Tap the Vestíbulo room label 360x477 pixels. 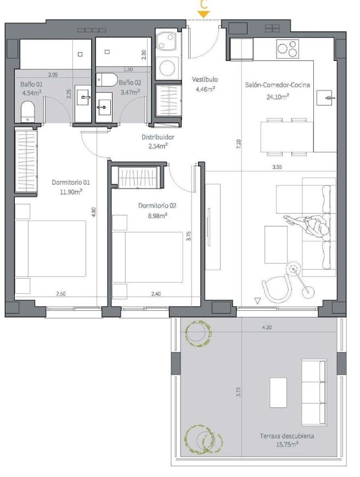tap(205, 79)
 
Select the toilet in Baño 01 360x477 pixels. tap(27, 112)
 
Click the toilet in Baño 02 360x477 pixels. tap(106, 79)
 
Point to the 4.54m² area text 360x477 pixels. tap(31, 93)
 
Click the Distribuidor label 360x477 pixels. tap(157, 137)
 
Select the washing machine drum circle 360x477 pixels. tap(167, 67)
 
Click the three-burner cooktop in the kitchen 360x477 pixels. tap(288, 49)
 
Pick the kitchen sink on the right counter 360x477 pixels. tap(324, 98)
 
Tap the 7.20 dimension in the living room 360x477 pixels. tap(239, 144)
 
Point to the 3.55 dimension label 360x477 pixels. tap(277, 167)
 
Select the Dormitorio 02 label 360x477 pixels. tap(157, 206)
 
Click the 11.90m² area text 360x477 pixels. tap(71, 192)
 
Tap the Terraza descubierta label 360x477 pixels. tap(287, 436)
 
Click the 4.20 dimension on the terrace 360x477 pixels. tap(267, 328)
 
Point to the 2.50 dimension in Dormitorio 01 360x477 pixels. tap(60, 294)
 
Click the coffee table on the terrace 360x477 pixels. tap(278, 393)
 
